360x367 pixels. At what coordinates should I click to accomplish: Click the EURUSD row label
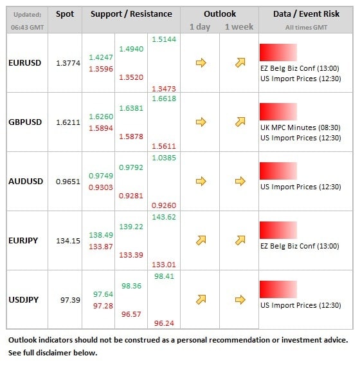point(25,62)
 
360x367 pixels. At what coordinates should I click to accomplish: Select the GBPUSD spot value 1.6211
point(68,122)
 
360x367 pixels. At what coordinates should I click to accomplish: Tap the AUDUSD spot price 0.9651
point(68,182)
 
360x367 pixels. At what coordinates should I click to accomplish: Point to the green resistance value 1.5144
point(164,39)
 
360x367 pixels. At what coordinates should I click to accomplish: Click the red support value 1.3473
point(164,89)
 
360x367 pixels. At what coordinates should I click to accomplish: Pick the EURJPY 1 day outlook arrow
point(201,240)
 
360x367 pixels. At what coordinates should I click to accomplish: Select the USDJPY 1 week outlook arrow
point(240,299)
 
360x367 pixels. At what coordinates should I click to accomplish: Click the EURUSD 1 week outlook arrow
point(240,62)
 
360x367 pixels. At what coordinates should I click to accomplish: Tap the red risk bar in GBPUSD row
point(278,111)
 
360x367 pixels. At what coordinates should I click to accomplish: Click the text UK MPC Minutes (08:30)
point(300,127)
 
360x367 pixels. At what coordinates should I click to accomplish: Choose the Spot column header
point(65,14)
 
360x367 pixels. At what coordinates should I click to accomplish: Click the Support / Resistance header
point(131,14)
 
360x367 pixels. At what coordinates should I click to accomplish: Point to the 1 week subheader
point(239,26)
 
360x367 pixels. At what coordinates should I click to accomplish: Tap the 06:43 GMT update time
point(28,28)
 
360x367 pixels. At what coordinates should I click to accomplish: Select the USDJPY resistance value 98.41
point(164,276)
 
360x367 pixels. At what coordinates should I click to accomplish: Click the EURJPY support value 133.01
point(164,265)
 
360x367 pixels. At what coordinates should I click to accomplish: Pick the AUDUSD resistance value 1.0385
point(164,158)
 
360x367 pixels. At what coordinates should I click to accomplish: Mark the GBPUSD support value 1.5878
point(131,136)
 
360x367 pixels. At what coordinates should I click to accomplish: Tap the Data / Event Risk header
point(306,14)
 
